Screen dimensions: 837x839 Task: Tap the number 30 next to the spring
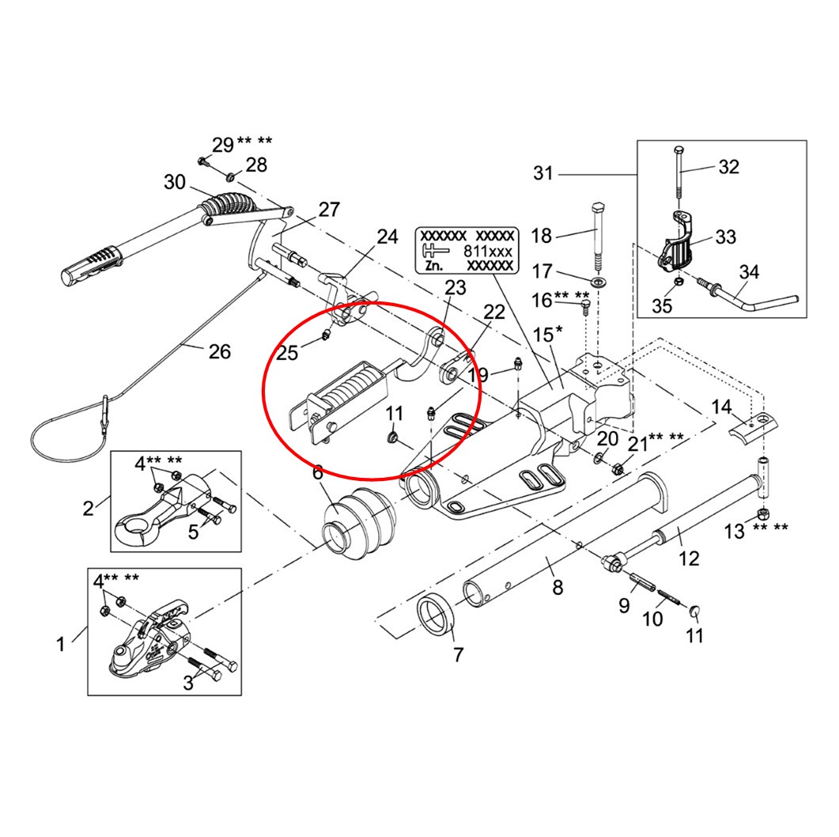click(175, 183)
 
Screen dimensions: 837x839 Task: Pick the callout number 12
click(689, 559)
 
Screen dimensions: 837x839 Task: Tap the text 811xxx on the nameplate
click(489, 251)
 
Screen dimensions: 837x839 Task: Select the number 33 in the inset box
click(725, 237)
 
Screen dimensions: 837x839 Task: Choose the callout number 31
click(543, 173)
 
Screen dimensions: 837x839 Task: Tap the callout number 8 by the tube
click(557, 588)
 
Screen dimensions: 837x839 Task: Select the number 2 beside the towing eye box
click(89, 508)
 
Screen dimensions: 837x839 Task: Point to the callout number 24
click(387, 237)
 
